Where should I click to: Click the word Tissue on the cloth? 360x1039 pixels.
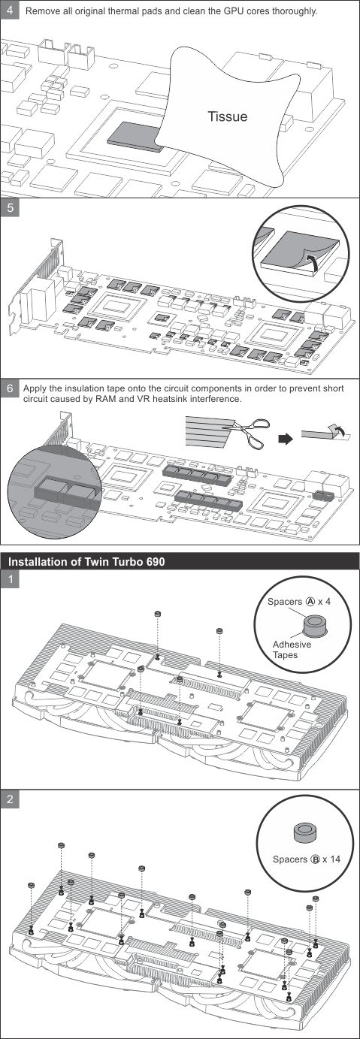pyautogui.click(x=227, y=116)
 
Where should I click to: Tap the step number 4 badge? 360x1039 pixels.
pyautogui.click(x=10, y=10)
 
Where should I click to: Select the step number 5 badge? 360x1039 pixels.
pyautogui.click(x=10, y=208)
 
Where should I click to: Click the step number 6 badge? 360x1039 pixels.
pyautogui.click(x=10, y=388)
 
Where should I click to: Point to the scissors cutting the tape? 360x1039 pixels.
pyautogui.click(x=250, y=432)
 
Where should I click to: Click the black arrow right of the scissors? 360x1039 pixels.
pyautogui.click(x=286, y=439)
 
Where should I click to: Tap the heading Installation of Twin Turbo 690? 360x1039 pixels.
pyautogui.click(x=86, y=562)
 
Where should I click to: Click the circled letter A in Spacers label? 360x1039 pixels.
pyautogui.click(x=310, y=602)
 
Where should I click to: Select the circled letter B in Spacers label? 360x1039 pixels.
pyautogui.click(x=316, y=859)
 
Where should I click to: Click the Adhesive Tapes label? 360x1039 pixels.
pyautogui.click(x=292, y=649)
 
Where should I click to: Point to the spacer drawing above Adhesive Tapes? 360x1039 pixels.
pyautogui.click(x=314, y=625)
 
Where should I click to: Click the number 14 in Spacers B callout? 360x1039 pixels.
pyautogui.click(x=335, y=859)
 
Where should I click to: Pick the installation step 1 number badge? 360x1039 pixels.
pyautogui.click(x=10, y=578)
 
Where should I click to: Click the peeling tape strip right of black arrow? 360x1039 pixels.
pyautogui.click(x=325, y=432)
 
